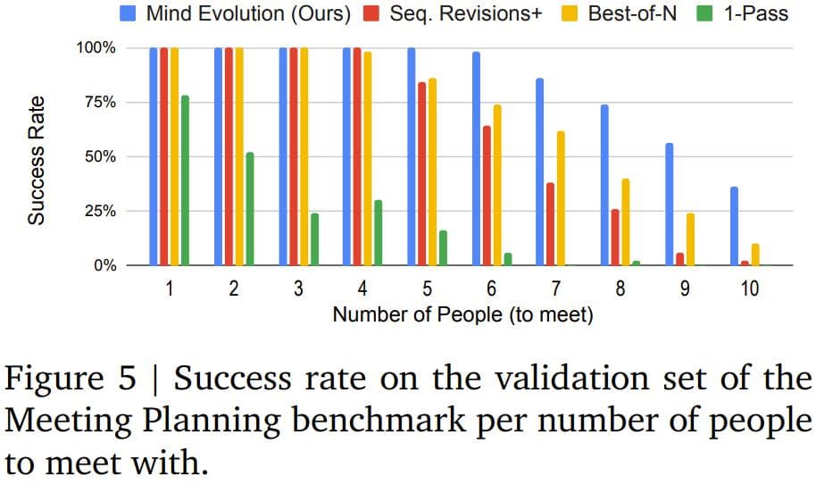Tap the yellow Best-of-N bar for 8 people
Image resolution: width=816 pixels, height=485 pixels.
pos(626,222)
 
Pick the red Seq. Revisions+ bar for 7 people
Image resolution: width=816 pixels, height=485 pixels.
pos(551,224)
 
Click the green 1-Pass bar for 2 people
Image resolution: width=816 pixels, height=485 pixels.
pos(250,209)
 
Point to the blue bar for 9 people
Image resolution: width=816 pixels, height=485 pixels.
pos(670,205)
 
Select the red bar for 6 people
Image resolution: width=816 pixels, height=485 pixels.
pos(487,196)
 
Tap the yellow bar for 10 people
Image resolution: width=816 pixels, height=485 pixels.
pos(756,255)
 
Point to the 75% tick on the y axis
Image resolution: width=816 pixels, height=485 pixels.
pos(99,102)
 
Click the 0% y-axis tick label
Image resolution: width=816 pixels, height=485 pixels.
pos(104,265)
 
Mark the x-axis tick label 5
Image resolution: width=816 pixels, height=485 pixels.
pos(428,288)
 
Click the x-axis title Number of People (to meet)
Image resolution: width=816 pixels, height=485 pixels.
pos(462,314)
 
